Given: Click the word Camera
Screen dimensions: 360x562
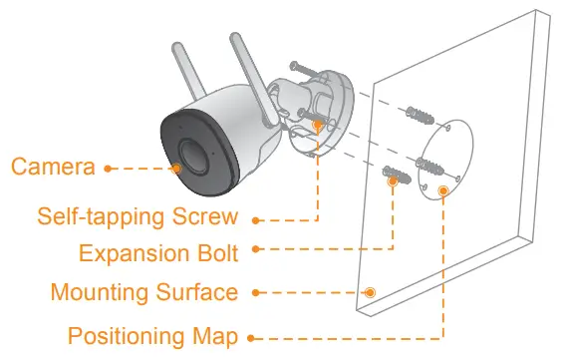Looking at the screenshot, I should point(53,167).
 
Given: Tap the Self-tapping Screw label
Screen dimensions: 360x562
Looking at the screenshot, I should point(137,216).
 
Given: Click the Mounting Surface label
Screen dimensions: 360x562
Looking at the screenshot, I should point(143,292).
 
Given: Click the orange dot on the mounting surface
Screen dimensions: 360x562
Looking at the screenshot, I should point(371,292).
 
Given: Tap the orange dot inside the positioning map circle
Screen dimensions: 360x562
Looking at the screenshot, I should point(443,188).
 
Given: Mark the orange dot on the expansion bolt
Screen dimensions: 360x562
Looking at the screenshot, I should point(395,182).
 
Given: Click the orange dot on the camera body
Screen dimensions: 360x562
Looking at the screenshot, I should point(176,168).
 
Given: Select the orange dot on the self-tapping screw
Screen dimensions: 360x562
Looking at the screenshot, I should point(318,126).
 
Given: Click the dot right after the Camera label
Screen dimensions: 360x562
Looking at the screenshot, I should point(108,168).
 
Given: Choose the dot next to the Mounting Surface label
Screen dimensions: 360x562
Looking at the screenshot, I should point(255,293).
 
